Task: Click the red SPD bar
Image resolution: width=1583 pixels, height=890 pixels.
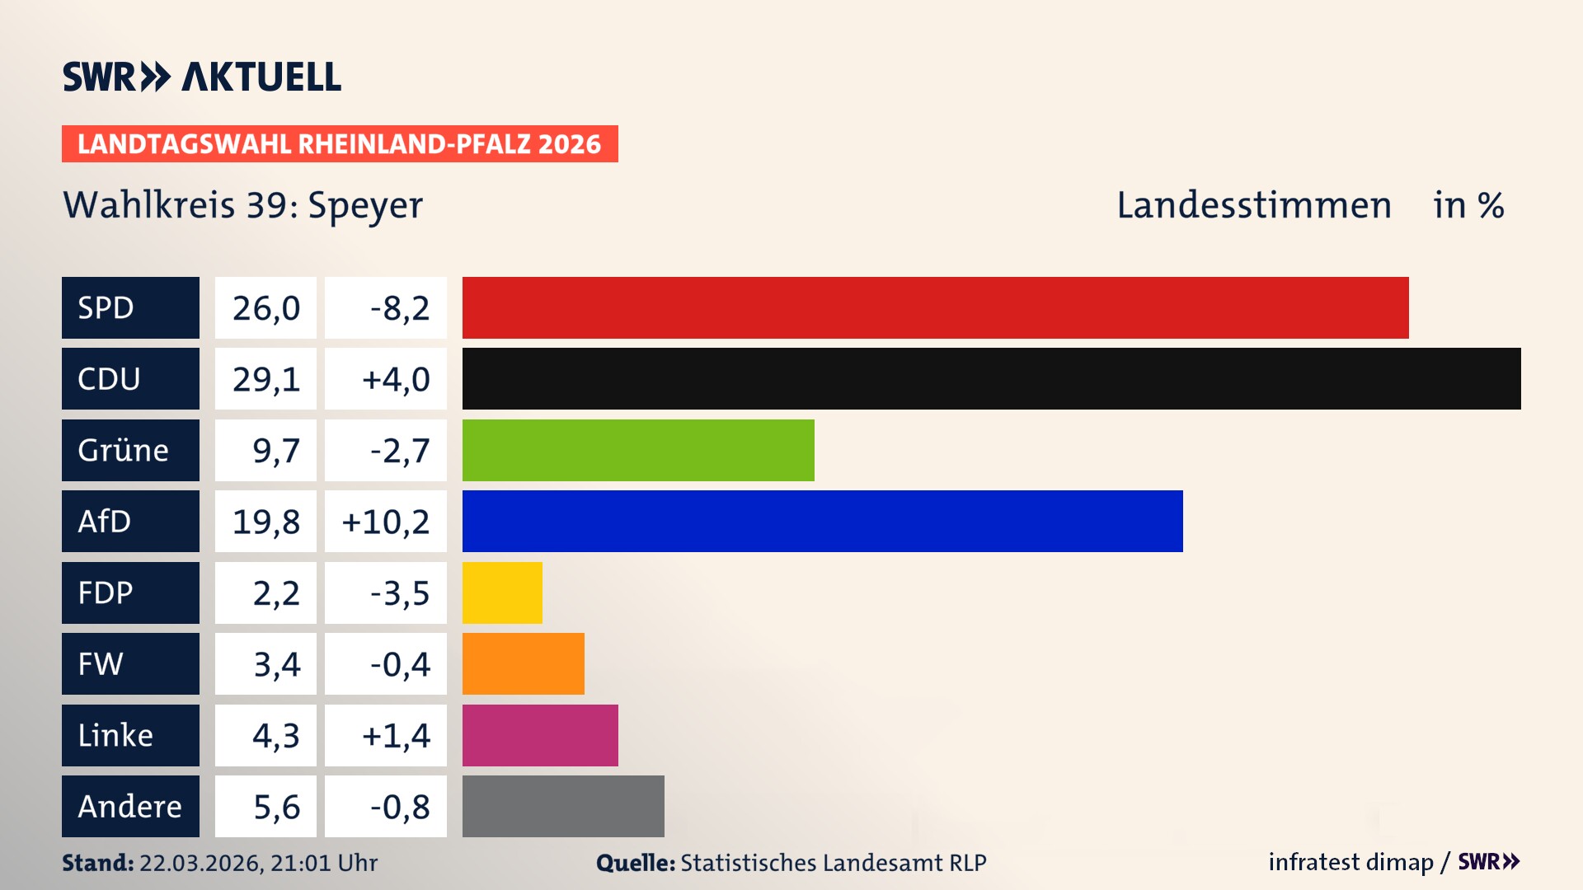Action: coord(935,307)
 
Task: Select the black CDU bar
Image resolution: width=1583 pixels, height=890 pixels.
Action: coord(991,378)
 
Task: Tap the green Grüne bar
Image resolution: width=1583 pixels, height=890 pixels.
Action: coord(638,450)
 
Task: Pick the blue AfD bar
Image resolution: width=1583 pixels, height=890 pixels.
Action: coord(822,521)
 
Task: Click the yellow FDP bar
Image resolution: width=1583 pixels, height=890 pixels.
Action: coord(502,593)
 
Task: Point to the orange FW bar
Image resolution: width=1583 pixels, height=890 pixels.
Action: coord(523,663)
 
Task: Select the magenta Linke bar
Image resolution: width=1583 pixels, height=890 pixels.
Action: coord(540,735)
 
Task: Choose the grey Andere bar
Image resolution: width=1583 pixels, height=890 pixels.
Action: coord(563,806)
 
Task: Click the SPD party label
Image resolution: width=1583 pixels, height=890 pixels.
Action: coord(130,307)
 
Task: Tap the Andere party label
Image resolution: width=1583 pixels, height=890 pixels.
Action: coord(130,806)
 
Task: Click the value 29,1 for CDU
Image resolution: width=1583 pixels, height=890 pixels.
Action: coord(265,379)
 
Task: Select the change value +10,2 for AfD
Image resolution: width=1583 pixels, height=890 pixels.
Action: coord(385,522)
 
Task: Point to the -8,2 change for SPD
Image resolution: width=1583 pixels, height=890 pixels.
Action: coord(399,308)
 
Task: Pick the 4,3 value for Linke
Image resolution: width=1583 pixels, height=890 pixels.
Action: coord(275,735)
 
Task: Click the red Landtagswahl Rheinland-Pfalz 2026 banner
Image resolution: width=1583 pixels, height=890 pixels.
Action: coord(340,144)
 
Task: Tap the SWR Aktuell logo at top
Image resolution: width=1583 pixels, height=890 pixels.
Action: coord(202,77)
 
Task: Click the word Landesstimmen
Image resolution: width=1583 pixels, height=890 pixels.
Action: coord(1253,205)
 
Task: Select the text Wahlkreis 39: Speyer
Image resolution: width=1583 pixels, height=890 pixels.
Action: coord(243,205)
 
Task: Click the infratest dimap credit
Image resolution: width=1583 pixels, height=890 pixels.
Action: coord(1350,862)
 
